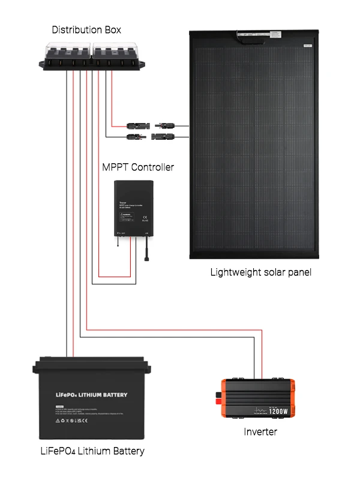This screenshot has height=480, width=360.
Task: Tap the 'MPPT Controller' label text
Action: (138, 167)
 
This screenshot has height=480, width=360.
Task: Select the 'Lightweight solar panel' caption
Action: (260, 272)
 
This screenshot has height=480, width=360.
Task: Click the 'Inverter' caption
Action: (260, 431)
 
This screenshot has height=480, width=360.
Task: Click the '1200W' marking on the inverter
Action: (279, 412)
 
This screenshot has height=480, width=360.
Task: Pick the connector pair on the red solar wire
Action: (150, 127)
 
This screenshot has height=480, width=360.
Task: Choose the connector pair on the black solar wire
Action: (150, 137)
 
